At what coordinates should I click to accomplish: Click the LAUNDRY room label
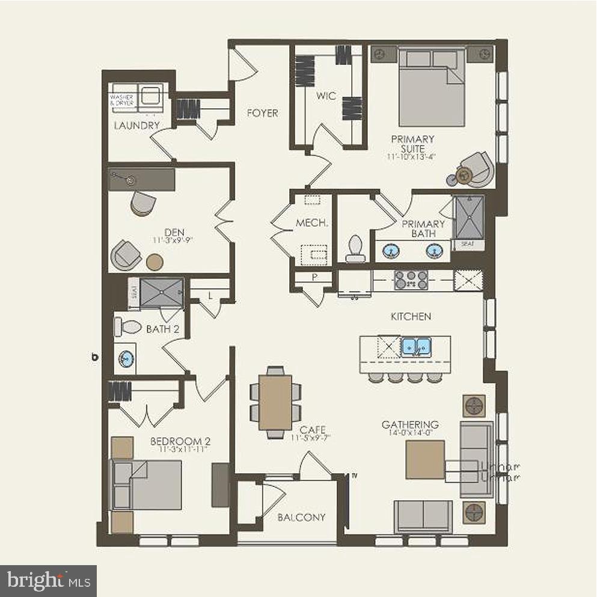[x=137, y=126]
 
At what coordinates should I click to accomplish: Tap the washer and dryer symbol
[x=136, y=98]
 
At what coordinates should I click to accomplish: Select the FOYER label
[x=262, y=113]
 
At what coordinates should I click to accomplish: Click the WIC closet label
[x=326, y=96]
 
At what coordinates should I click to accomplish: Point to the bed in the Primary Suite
[x=432, y=88]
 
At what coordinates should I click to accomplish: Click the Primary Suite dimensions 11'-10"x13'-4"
[x=412, y=156]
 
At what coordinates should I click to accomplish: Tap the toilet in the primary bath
[x=355, y=248]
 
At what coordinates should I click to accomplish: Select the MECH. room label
[x=312, y=223]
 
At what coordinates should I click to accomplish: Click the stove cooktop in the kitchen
[x=411, y=280]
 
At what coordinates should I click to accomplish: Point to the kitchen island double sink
[x=416, y=347]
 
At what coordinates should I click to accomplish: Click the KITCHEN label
[x=411, y=316]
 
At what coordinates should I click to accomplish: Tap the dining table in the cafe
[x=275, y=402]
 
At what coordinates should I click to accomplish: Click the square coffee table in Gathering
[x=425, y=460]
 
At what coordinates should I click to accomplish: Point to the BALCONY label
[x=302, y=517]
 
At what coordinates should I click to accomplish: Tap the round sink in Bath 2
[x=126, y=359]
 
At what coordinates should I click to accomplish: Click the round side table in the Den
[x=155, y=262]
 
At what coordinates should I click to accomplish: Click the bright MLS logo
[x=48, y=581]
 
